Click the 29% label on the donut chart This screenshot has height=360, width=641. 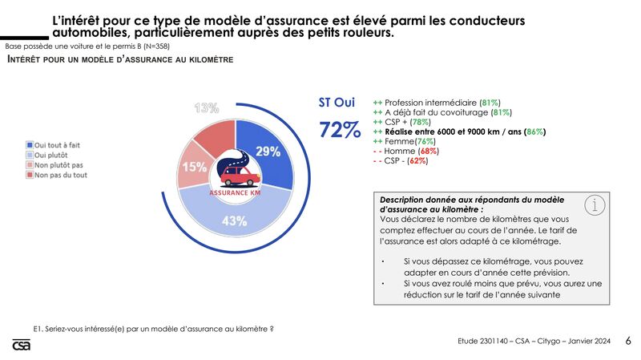[268, 152]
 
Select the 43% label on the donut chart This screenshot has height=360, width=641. [233, 222]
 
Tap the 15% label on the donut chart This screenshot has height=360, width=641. [194, 167]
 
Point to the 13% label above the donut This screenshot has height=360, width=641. [207, 108]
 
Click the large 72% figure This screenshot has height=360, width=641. [340, 129]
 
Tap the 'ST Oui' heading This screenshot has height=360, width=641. [337, 103]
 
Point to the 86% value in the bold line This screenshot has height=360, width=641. [536, 132]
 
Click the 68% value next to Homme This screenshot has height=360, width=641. [428, 152]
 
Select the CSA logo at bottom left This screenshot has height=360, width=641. [20, 345]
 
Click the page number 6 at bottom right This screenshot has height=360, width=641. [628, 341]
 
